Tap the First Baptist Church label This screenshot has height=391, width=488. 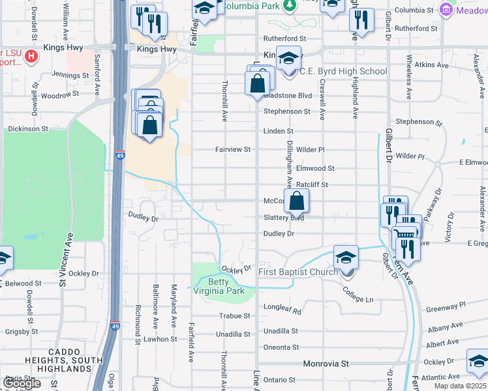click(x=297, y=271)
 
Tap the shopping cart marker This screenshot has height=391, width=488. click(x=405, y=233)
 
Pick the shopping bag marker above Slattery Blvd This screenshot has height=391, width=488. click(x=296, y=202)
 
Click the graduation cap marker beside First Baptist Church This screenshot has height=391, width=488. click(x=346, y=257)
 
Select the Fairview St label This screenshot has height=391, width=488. click(x=233, y=149)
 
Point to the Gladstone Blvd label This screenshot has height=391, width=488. click(x=288, y=95)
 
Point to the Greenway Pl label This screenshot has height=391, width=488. click(x=445, y=304)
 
